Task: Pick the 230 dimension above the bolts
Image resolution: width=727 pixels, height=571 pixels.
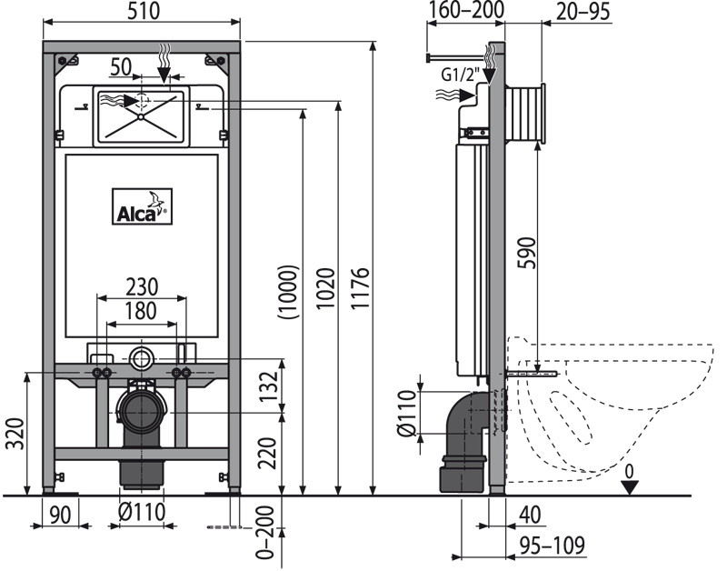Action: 142,285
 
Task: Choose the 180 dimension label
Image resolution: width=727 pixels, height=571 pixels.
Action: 142,309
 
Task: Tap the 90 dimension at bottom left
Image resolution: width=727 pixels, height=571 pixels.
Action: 60,514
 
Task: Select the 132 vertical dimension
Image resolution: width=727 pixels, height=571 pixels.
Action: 265,386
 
